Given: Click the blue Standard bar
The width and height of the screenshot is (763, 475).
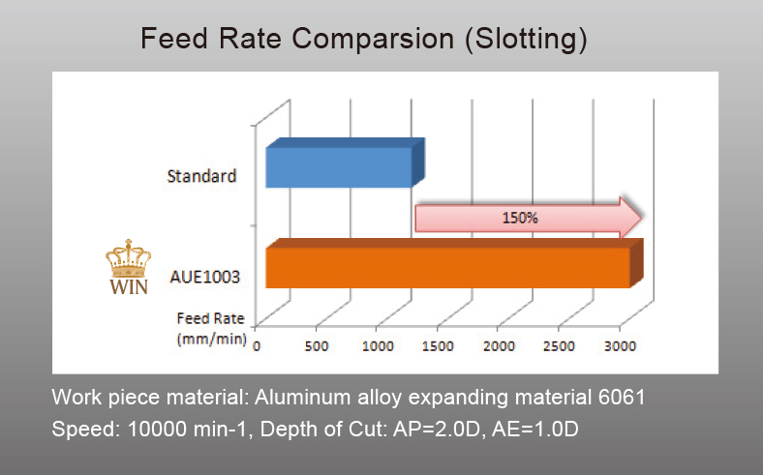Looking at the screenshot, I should tap(339, 167).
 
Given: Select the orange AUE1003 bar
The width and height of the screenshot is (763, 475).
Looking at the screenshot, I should tap(447, 268).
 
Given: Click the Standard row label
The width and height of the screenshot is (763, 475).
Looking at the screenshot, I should tap(201, 177).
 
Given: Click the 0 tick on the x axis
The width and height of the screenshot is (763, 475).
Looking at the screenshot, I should tap(257, 345).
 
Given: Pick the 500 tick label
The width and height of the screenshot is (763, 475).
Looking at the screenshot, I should tap(317, 345).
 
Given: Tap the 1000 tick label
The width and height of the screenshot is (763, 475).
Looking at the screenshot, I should tap(378, 345).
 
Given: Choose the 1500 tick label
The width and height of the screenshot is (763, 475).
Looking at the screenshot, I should tap(438, 345).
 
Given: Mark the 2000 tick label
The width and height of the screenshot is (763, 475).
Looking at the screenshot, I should tap(499, 345).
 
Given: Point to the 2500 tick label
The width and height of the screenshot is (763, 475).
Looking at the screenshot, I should tap(560, 345).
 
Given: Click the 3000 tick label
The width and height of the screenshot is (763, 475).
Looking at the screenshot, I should tap(620, 345).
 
